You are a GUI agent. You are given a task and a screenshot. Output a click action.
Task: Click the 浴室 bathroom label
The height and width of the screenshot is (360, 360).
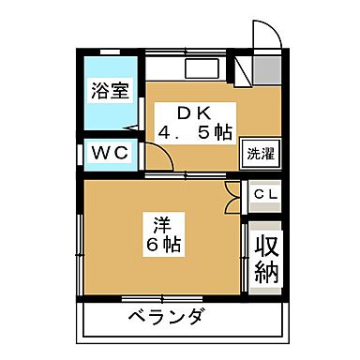pos(110,91)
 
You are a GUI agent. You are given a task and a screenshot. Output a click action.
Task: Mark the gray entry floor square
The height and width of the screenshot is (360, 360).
pos(265,69)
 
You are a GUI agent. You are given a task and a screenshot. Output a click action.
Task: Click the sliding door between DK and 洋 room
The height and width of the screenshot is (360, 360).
pos(187,177)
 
